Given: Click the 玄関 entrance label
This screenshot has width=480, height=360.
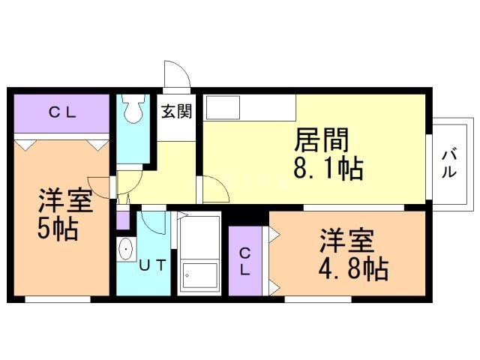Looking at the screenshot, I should (176, 112).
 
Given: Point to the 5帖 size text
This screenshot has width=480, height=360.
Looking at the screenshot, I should (58, 229).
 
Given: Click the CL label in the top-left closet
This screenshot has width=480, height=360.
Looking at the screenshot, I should (63, 113).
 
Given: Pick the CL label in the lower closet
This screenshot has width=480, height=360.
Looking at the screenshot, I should (245, 262).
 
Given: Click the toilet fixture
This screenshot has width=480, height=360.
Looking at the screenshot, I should (133, 110).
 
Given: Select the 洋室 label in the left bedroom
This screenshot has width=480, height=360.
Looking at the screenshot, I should (65, 201).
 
